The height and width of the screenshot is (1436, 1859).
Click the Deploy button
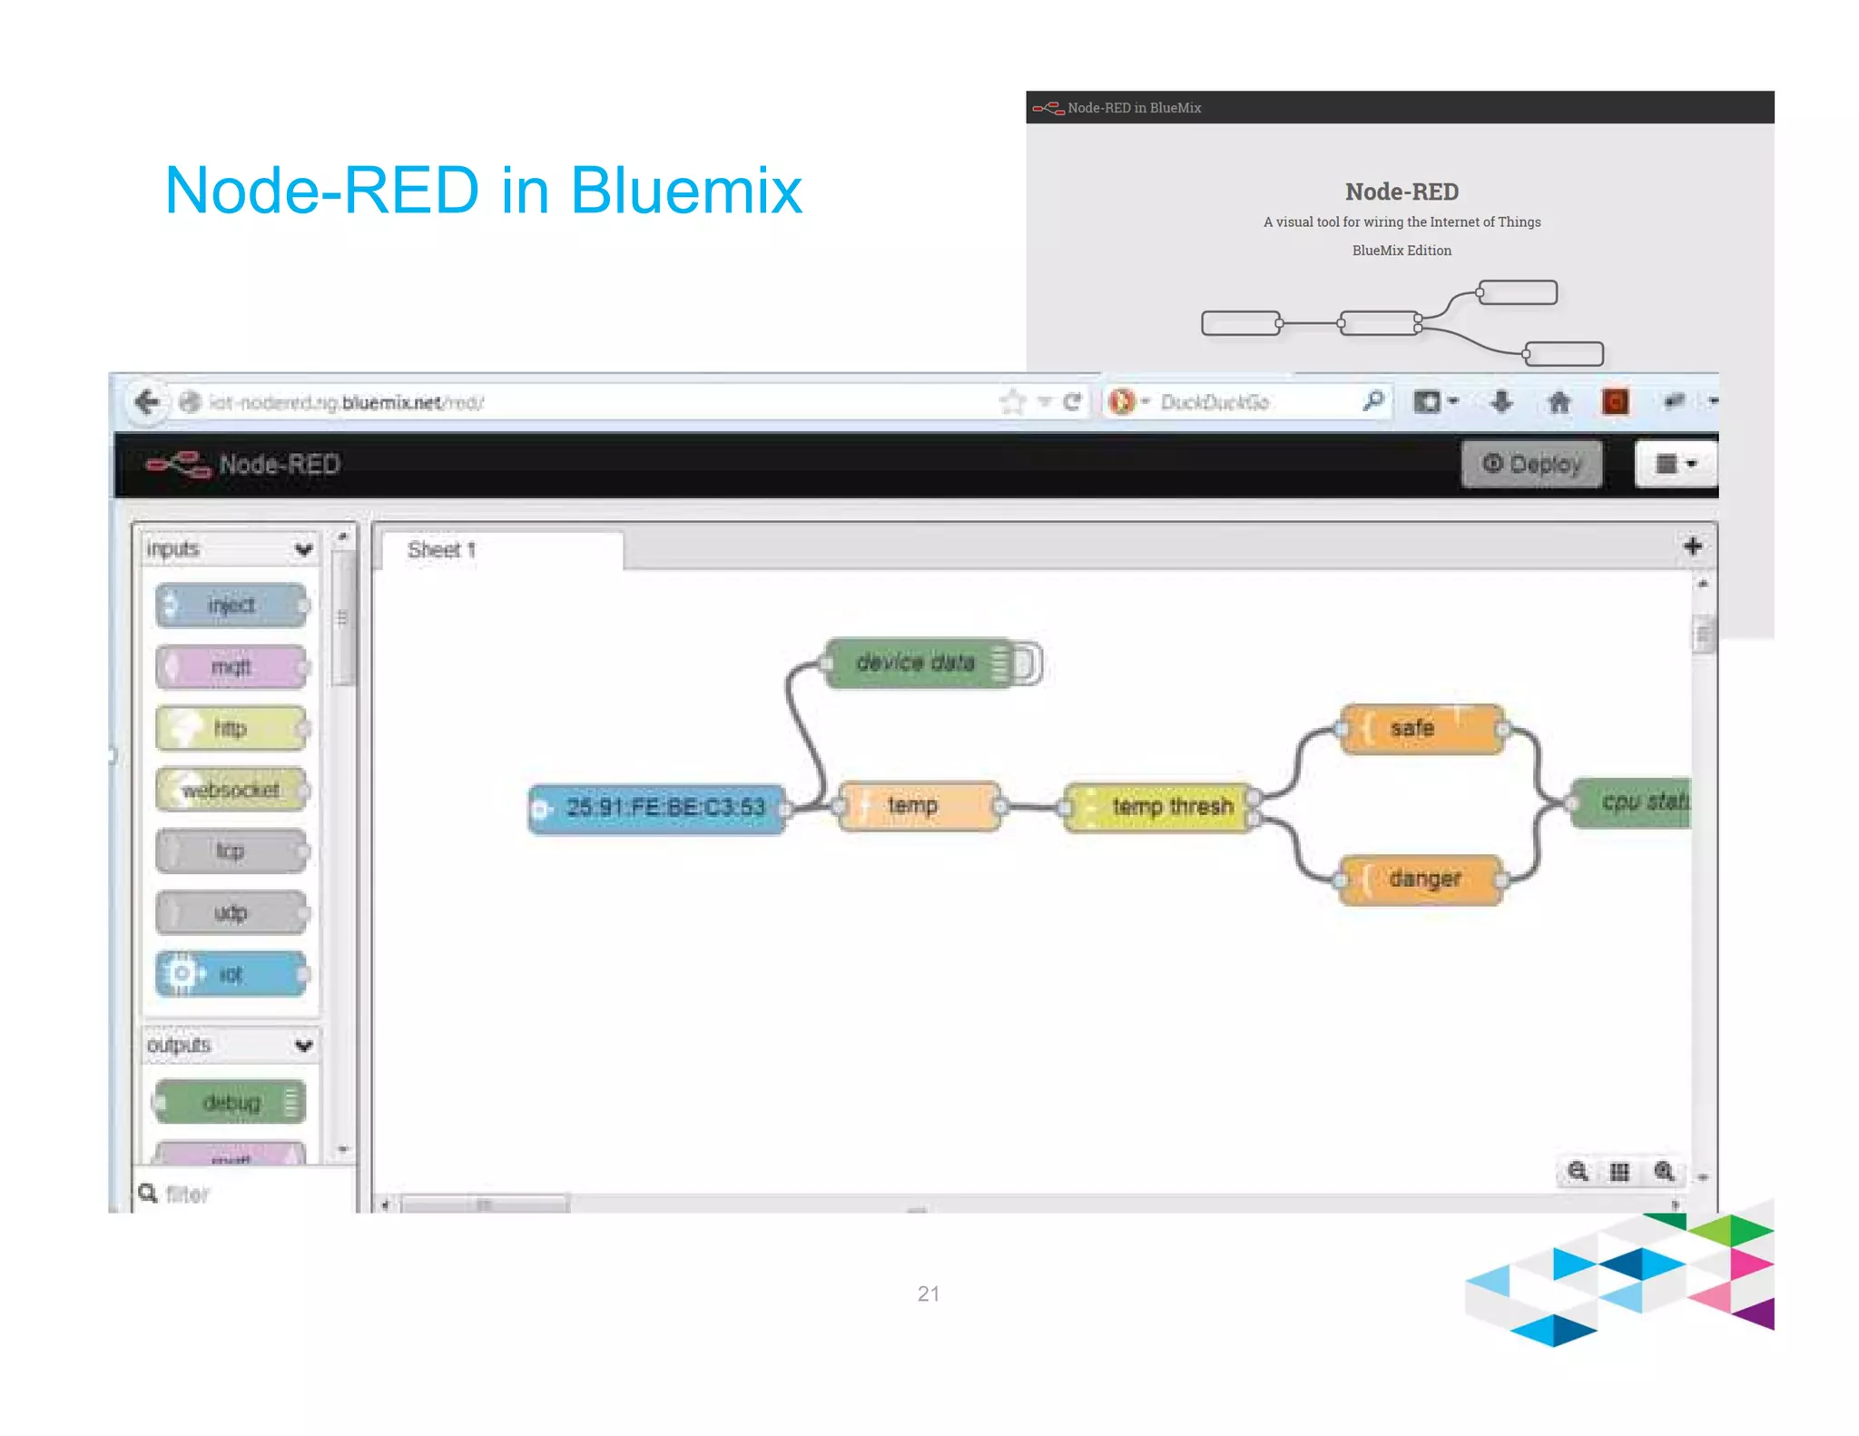click(x=1531, y=465)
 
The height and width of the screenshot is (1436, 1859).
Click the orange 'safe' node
click(x=1421, y=729)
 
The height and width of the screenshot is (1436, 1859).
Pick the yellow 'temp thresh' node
click(x=1162, y=807)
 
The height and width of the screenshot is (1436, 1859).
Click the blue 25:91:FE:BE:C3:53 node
click(x=657, y=808)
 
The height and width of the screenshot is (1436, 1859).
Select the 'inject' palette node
click(x=231, y=605)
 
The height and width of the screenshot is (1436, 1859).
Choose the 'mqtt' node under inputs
click(x=231, y=667)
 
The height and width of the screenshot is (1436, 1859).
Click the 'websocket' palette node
click(x=231, y=791)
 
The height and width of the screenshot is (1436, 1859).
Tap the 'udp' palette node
click(x=231, y=913)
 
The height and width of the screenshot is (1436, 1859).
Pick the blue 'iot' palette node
click(x=231, y=975)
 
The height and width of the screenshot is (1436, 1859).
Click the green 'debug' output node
click(x=231, y=1103)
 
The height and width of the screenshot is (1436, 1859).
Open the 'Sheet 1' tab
click(x=442, y=550)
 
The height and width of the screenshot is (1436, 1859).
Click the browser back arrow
click(x=147, y=402)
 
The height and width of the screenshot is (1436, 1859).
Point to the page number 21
click(x=929, y=1293)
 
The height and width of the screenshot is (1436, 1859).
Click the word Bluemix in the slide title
click(x=686, y=192)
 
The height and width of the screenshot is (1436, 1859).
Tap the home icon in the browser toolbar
click(x=1559, y=402)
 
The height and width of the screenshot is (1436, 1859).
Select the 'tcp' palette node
click(x=231, y=851)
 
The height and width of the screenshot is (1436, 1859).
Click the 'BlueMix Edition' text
click(x=1402, y=251)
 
